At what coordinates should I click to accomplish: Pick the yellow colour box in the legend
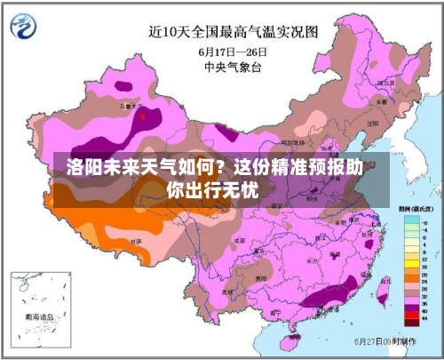[409, 260]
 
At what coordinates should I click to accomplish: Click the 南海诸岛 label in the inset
[39, 316]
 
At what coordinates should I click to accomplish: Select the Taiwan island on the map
[384, 289]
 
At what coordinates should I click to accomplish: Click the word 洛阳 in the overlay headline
[83, 167]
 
